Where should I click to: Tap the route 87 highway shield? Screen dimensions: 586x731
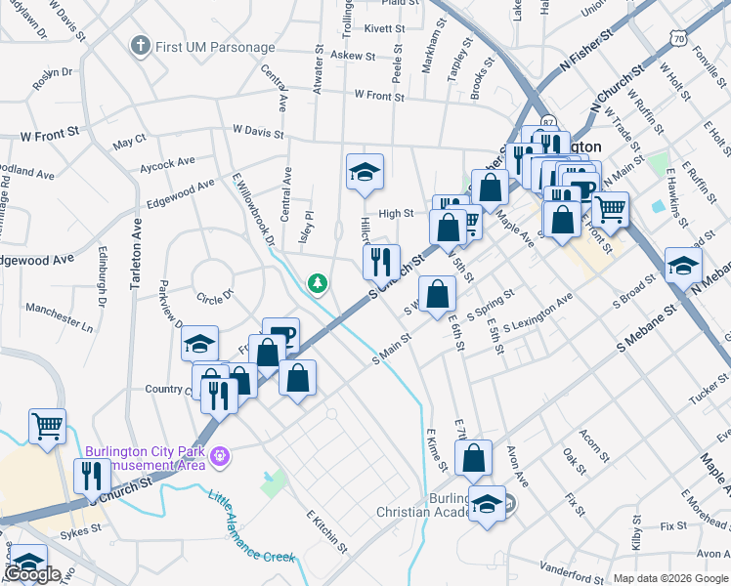pos(548,123)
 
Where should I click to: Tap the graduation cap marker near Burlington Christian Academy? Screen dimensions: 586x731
pos(487,504)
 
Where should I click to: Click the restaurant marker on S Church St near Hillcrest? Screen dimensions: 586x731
pos(381,261)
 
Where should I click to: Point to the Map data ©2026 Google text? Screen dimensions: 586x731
pos(670,578)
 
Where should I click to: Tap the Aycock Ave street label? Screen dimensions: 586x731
pos(167,162)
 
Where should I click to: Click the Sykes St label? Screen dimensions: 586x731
pos(79,528)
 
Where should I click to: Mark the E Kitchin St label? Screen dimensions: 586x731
pos(326,528)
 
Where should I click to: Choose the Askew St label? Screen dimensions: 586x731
pos(353,56)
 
